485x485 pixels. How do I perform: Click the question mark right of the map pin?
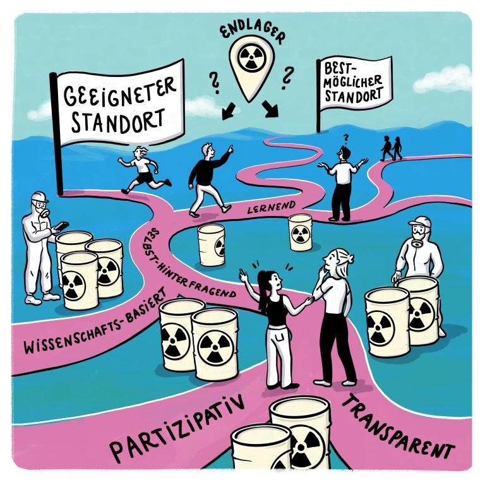point(287,78)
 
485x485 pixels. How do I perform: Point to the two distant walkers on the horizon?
point(390,149)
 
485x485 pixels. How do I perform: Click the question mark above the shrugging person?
point(345,136)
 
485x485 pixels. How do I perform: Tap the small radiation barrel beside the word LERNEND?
point(301,232)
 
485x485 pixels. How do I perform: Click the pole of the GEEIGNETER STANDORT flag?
point(58,145)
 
